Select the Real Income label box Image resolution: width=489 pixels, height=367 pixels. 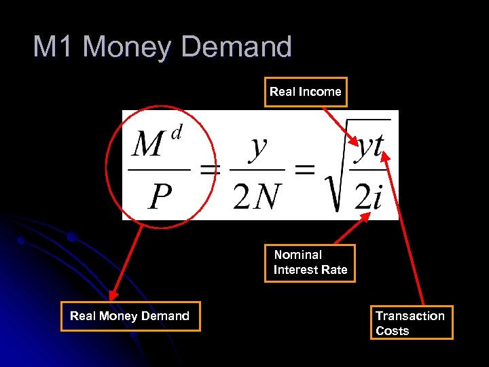(305, 92)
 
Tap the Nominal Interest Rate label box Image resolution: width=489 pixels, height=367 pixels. (310, 262)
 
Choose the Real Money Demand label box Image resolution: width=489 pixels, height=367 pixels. (130, 316)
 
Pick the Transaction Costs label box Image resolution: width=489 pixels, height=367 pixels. (410, 323)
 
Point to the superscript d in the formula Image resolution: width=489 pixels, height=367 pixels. (177, 133)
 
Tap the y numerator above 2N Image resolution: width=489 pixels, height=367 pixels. (257, 146)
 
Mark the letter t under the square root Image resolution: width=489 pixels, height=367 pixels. (376, 145)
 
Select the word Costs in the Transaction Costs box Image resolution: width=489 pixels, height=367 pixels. (393, 331)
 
